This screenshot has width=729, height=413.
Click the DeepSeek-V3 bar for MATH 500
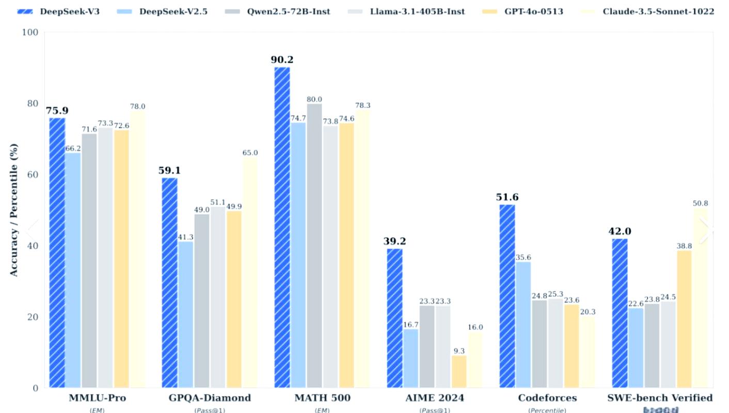(281, 227)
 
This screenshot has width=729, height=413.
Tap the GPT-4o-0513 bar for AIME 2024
(459, 372)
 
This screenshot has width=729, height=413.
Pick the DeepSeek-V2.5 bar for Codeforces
(524, 325)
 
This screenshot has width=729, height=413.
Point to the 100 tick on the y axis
(31, 33)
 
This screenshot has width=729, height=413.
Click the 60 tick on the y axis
(33, 175)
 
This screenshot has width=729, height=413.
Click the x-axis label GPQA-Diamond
(210, 398)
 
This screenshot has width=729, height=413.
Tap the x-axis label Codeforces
(547, 398)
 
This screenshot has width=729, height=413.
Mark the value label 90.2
(282, 60)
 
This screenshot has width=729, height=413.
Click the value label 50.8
(700, 203)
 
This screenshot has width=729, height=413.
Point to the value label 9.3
(459, 351)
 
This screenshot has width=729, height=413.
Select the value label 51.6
(507, 197)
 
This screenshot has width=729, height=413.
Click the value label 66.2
(73, 149)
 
